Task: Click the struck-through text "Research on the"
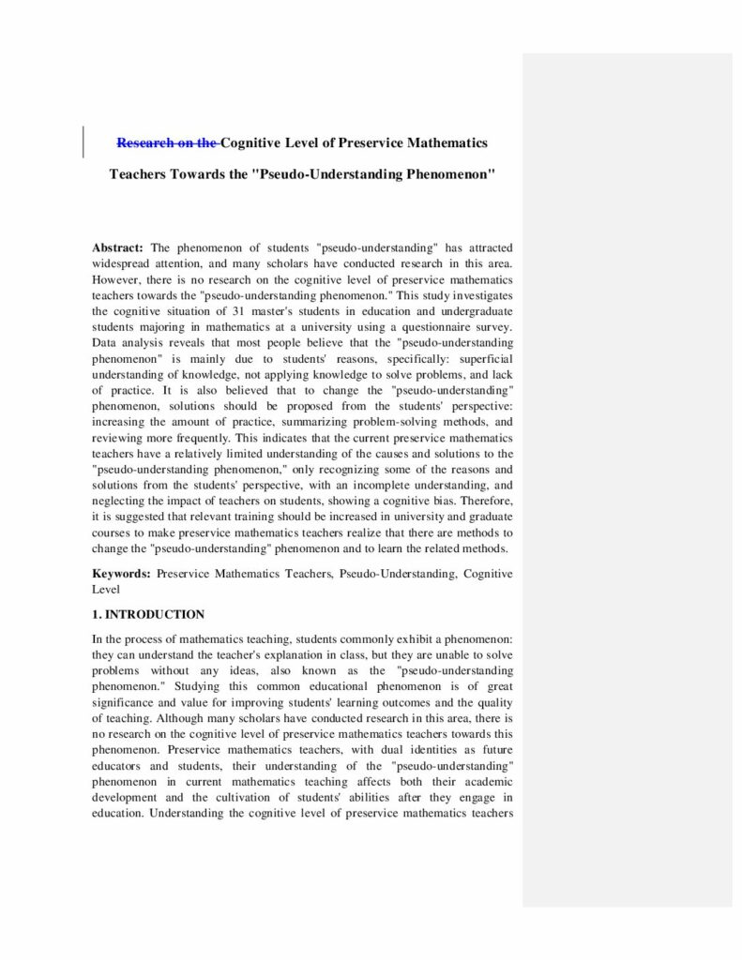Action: point(168,142)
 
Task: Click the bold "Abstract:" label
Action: point(117,247)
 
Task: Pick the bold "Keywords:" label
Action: point(121,573)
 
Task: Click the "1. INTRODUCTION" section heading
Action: point(148,615)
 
